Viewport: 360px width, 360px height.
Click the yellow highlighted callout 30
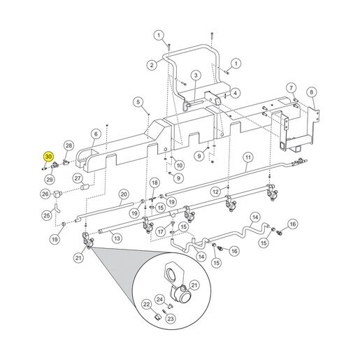[48, 157]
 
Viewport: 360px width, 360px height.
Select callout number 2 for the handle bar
[152, 64]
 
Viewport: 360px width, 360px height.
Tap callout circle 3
[196, 75]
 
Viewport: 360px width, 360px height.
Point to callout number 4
[235, 93]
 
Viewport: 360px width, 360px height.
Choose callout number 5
[138, 102]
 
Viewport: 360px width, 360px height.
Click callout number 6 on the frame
[96, 134]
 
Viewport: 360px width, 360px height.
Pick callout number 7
[291, 88]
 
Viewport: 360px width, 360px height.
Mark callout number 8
[312, 92]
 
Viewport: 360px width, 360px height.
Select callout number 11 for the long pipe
[248, 157]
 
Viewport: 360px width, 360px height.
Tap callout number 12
[216, 192]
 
